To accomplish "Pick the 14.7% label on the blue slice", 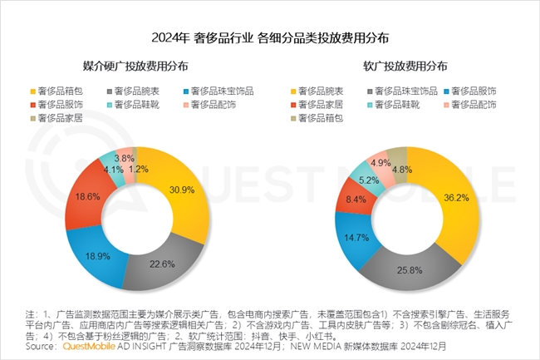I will (360, 237).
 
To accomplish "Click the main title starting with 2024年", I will (270, 38).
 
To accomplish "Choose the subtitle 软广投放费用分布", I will (405, 66).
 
